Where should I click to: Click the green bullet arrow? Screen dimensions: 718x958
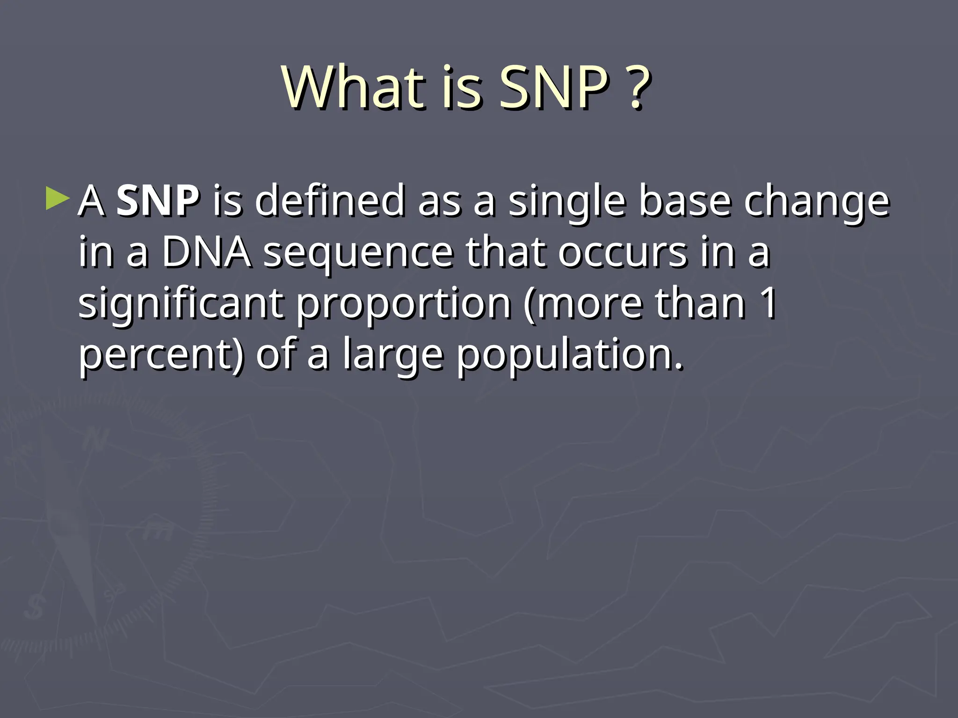tap(57, 199)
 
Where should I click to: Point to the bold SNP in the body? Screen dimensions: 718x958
tap(158, 201)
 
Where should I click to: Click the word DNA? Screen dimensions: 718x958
tap(206, 252)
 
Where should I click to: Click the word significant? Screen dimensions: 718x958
tap(181, 304)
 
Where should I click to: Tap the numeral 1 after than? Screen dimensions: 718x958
tap(768, 304)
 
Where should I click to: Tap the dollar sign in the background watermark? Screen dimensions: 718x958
tap(34, 608)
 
